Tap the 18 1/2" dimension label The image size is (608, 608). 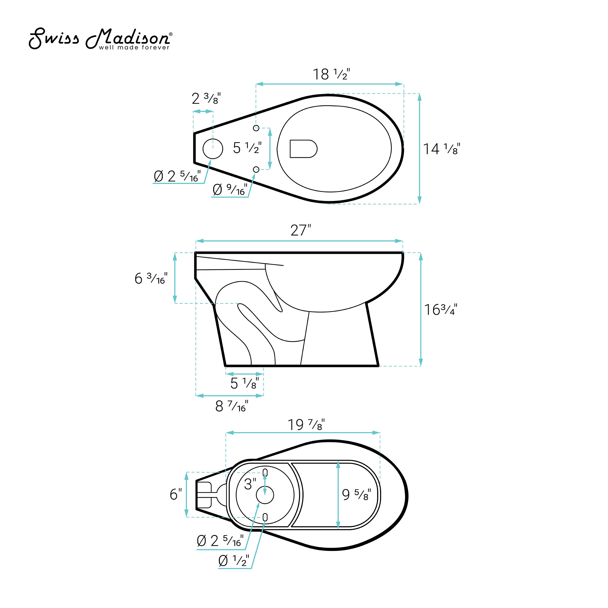[x=331, y=74]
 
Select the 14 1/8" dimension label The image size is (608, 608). [x=442, y=149]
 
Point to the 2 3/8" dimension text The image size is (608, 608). [x=206, y=99]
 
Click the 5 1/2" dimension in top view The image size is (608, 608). [x=247, y=148]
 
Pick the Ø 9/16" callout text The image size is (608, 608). [x=230, y=189]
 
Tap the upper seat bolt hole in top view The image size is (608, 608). [x=256, y=128]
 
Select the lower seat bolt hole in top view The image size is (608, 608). [x=256, y=170]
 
